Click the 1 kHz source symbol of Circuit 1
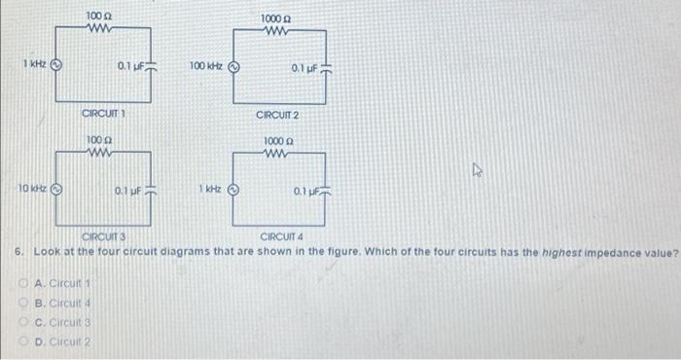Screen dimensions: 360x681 click(x=56, y=66)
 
